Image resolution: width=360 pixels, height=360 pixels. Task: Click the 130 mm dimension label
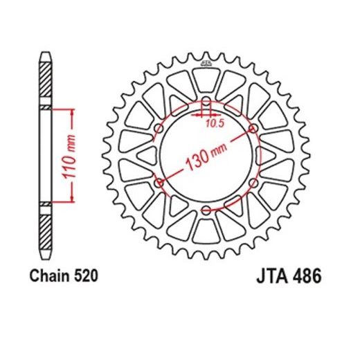click(x=206, y=156)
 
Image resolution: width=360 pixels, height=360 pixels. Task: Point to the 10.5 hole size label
click(x=215, y=124)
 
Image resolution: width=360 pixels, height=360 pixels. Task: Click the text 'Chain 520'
click(x=64, y=276)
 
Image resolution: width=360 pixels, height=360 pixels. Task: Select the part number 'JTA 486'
click(x=289, y=276)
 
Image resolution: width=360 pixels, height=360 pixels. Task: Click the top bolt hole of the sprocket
click(x=206, y=101)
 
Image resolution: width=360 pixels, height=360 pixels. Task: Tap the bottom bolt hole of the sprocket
click(x=206, y=210)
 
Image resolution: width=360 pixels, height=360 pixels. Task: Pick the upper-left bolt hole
click(x=159, y=128)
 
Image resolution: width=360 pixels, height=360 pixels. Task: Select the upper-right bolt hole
click(x=253, y=128)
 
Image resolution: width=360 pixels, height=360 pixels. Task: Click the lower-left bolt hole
click(x=159, y=183)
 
